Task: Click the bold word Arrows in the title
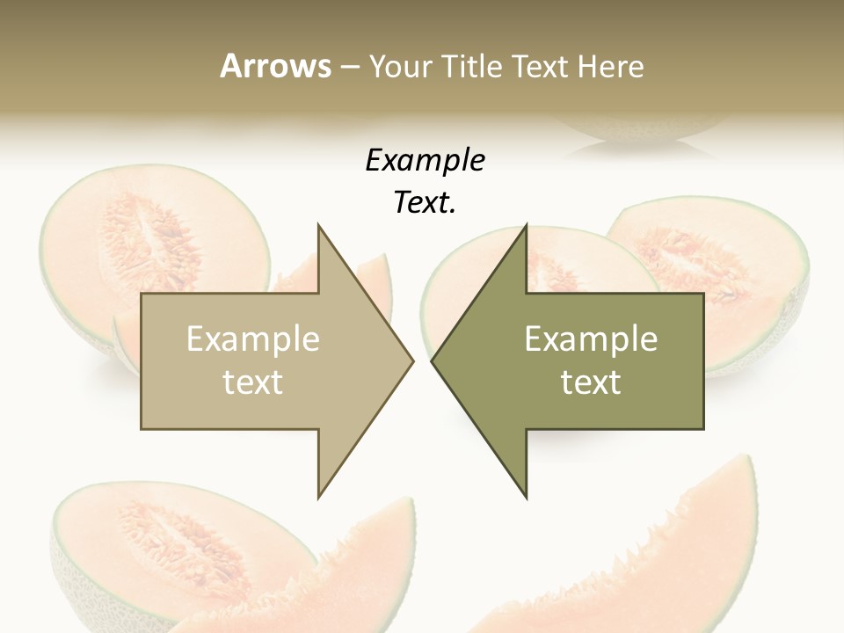(275, 66)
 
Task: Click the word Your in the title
(397, 66)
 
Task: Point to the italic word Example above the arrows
(425, 160)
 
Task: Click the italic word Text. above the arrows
(425, 202)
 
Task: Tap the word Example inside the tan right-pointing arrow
(253, 338)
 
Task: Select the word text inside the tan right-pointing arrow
(253, 382)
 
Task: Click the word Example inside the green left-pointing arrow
(591, 338)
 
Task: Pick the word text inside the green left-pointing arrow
(591, 382)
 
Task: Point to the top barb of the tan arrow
(320, 230)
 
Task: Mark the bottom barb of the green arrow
(525, 492)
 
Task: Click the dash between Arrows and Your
(349, 67)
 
